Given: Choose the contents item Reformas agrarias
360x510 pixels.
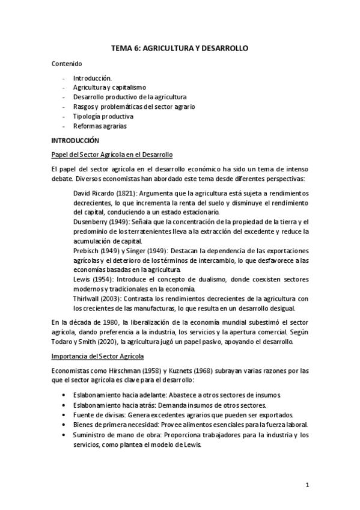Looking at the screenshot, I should point(100,126).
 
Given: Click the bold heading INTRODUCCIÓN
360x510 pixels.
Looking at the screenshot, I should point(75,140).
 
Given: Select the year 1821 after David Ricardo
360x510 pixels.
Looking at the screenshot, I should point(124,193).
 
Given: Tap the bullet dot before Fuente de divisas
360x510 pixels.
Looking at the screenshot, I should point(65,416).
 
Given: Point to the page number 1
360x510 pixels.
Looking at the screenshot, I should point(307,485).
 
